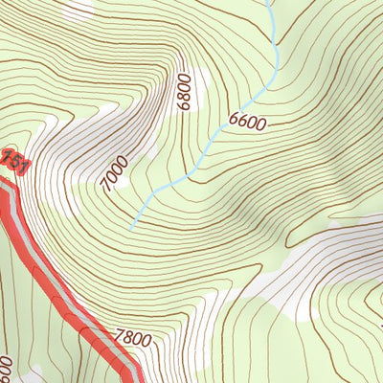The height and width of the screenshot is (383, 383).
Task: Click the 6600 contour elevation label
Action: [x=247, y=122]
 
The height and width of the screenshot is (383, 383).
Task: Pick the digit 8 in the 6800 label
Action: [x=186, y=98]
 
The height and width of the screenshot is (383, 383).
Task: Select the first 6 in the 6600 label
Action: [x=233, y=124]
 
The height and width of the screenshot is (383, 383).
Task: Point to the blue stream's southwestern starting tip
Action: [x=130, y=228]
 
